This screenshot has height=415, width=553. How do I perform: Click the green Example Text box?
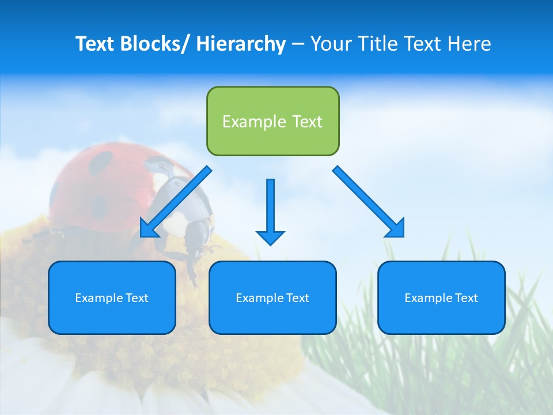(272, 121)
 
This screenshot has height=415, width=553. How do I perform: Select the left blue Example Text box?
(112, 297)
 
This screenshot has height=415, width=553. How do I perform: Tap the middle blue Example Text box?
(272, 297)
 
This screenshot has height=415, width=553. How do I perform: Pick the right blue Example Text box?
(441, 297)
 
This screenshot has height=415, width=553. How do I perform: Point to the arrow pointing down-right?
(369, 202)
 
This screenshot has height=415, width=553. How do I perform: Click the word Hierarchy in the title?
(241, 44)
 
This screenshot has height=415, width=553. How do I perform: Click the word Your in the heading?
(329, 44)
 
